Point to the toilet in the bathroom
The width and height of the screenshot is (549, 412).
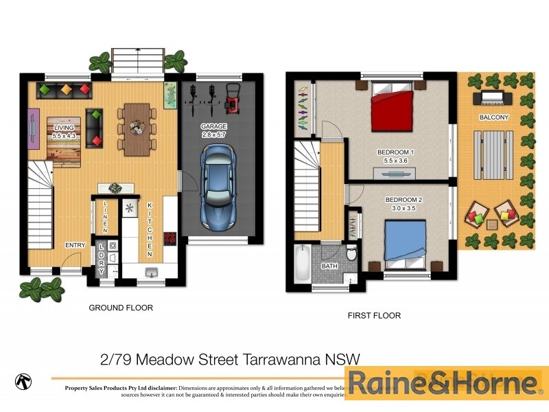point(351,253)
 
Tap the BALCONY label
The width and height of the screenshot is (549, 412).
point(494,117)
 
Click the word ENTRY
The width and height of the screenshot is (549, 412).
point(75,245)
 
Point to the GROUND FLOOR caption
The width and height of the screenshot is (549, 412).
point(121,308)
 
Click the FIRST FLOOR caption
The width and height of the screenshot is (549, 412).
point(374,316)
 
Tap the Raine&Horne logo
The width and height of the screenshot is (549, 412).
point(443,382)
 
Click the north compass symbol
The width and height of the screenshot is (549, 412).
point(23,380)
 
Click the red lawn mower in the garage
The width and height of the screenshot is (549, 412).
point(233,98)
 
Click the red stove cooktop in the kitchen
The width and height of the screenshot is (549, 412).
point(169,238)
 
